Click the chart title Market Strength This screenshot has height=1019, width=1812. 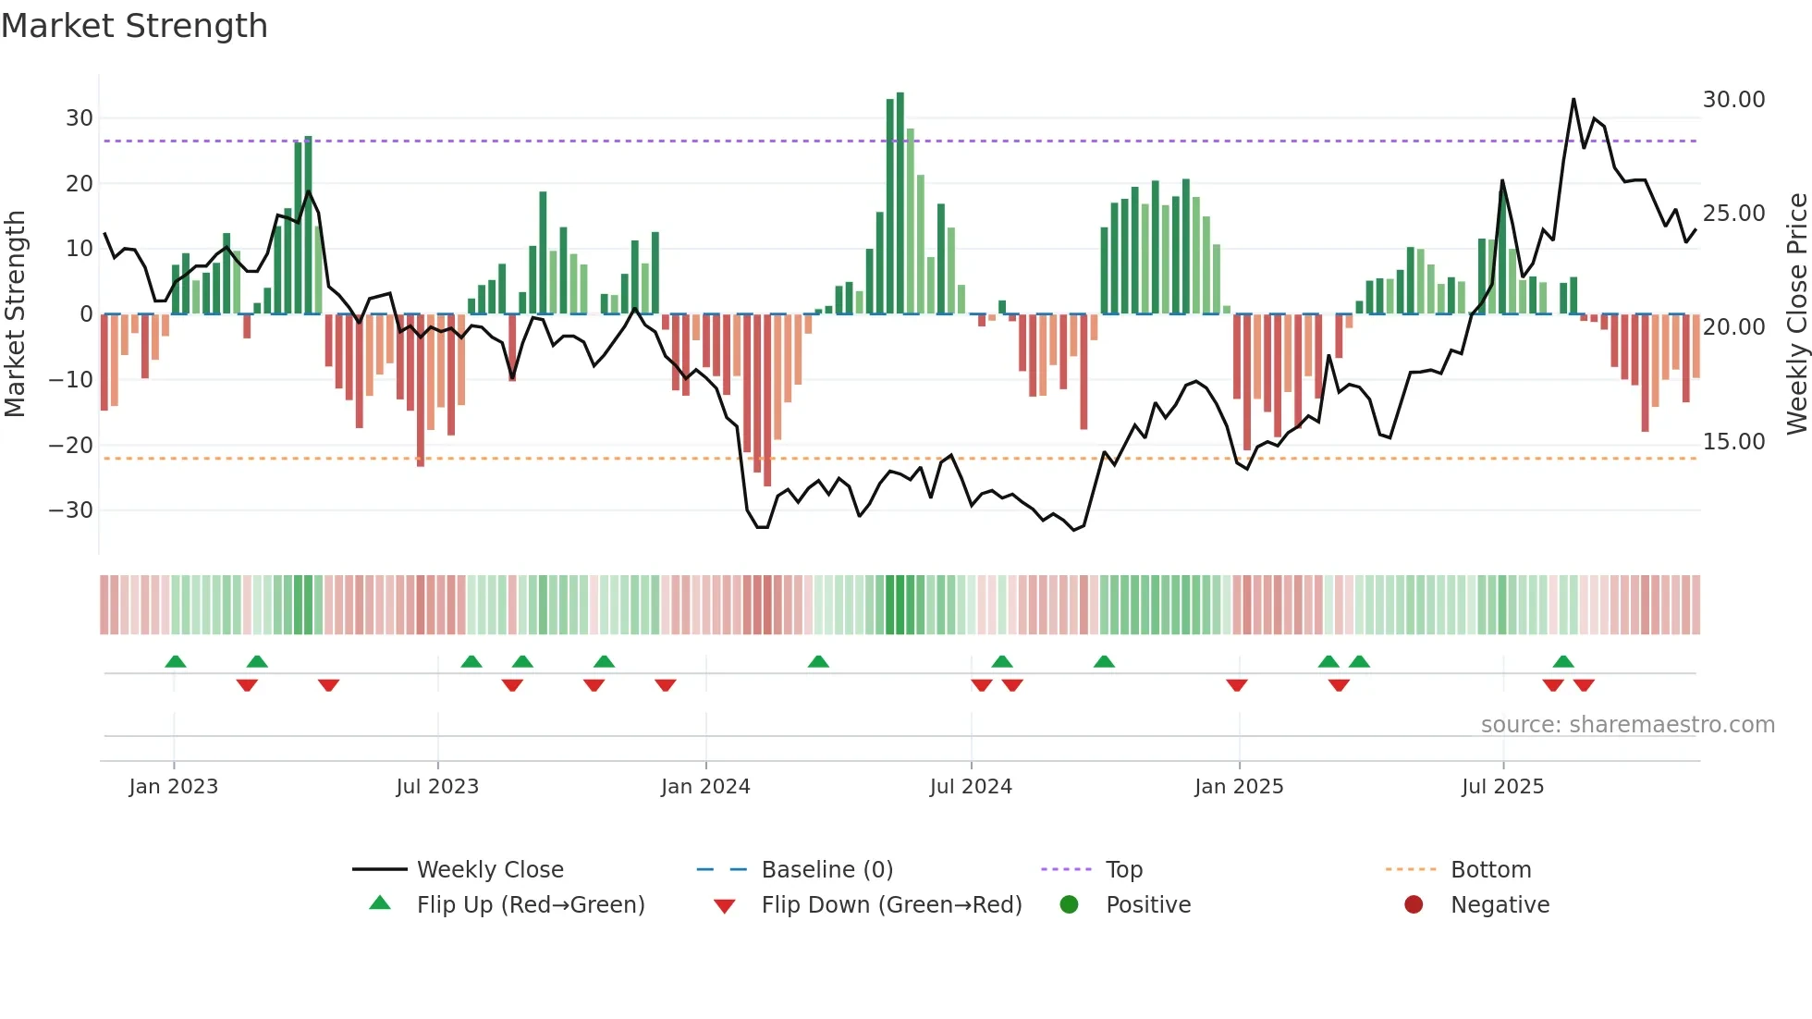click(x=134, y=26)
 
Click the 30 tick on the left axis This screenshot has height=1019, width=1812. click(x=80, y=118)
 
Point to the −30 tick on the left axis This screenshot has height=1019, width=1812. click(x=72, y=510)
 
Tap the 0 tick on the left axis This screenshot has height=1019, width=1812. click(x=86, y=314)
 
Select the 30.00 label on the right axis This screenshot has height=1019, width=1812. click(x=1733, y=100)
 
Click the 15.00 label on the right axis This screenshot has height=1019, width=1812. click(x=1733, y=442)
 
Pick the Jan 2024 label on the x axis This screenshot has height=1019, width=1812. click(x=705, y=787)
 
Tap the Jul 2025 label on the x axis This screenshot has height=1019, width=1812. click(x=1502, y=787)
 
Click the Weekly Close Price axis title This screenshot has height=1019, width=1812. click(x=1796, y=314)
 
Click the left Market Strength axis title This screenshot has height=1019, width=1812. click(x=16, y=314)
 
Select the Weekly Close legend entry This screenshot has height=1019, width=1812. click(x=490, y=870)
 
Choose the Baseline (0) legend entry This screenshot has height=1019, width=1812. click(x=826, y=870)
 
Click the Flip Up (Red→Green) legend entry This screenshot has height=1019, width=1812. click(x=530, y=905)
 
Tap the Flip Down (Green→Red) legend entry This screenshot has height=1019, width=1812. click(x=891, y=905)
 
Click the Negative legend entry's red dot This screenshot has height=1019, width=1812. click(x=1414, y=905)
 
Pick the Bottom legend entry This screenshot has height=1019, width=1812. click(x=1490, y=870)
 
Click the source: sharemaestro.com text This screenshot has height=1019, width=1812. click(x=1627, y=725)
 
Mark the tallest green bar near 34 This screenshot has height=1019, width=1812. click(x=900, y=203)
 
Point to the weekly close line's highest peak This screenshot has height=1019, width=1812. click(x=1573, y=100)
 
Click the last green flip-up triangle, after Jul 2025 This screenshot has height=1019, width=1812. click(x=1563, y=662)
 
